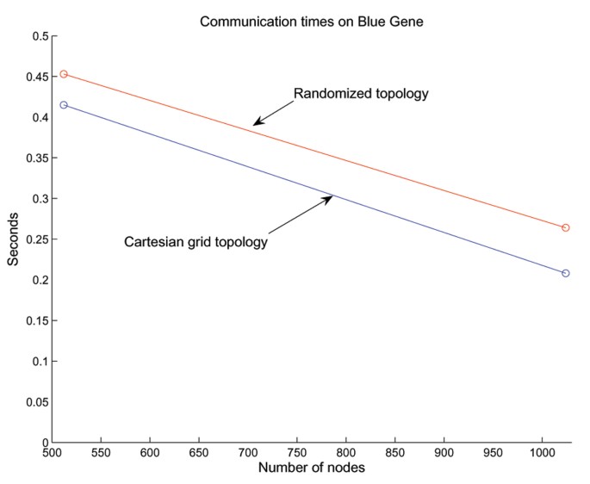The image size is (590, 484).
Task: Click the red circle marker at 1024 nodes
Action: [x=566, y=227]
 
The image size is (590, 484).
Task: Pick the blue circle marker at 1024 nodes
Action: [x=566, y=273]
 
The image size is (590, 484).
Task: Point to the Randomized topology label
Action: [x=361, y=93]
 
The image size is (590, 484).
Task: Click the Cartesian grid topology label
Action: [x=196, y=242]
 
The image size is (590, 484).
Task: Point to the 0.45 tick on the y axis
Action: [x=37, y=77]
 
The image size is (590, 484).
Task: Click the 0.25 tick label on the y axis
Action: [x=37, y=239]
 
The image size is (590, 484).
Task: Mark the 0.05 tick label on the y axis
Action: [x=37, y=402]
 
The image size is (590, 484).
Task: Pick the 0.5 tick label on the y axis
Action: [x=40, y=36]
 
